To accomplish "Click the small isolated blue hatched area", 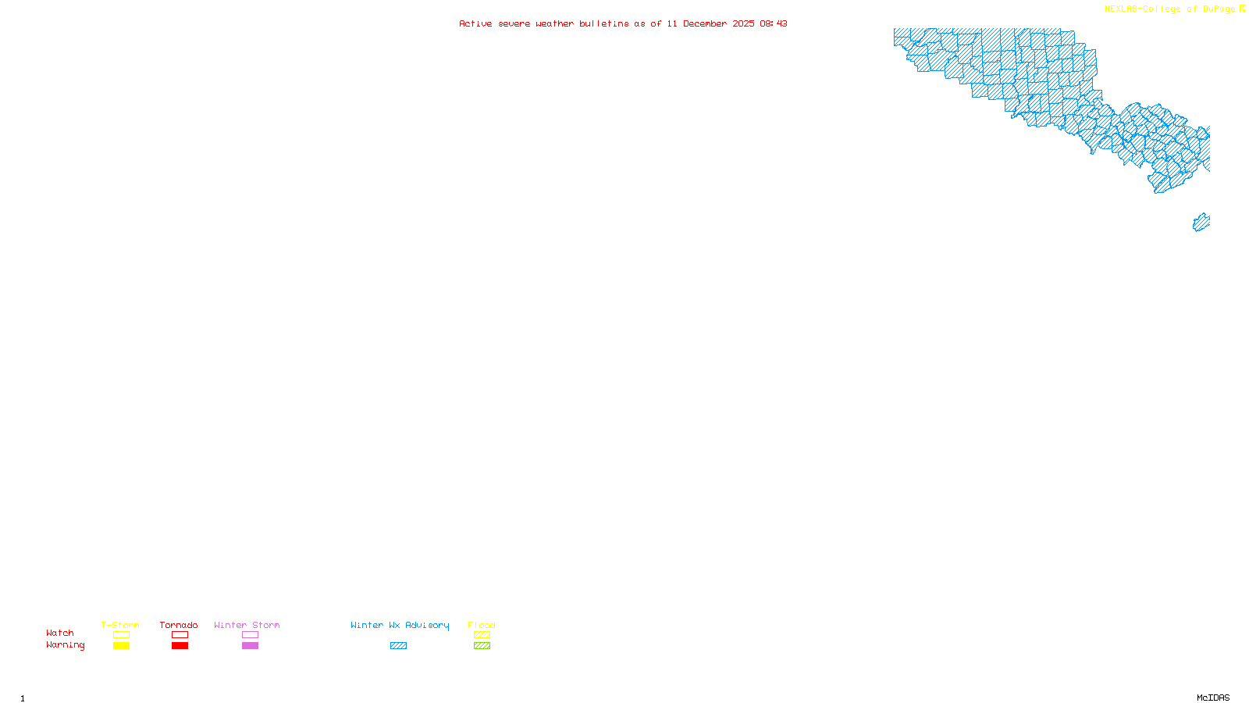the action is point(1201,223).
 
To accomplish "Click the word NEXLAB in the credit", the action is point(1121,9).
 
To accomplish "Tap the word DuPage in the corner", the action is point(1219,9).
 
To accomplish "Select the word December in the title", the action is point(705,24).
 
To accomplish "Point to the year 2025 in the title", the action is point(743,24).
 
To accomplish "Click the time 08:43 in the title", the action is point(774,24).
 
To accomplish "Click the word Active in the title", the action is point(475,24).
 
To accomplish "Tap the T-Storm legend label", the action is point(120,625).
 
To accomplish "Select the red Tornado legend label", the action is point(179,625).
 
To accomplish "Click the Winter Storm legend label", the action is point(247,625).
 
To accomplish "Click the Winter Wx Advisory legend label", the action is point(400,625).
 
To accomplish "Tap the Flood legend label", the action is point(482,625).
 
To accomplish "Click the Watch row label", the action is point(60,633).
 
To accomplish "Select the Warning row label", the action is point(65,645).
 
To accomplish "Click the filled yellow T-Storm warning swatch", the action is point(121,646).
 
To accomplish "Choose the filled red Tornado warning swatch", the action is point(180,646).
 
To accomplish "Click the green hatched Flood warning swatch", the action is point(482,646).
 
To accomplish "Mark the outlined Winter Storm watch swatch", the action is point(250,635).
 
